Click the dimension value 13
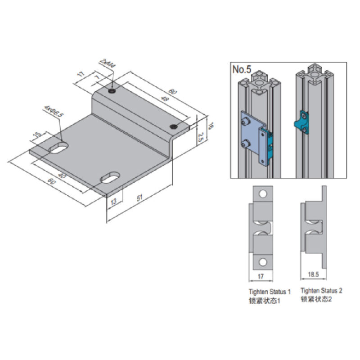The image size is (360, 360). [x=112, y=201]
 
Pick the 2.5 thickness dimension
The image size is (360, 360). [x=202, y=137]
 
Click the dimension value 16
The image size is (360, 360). [x=210, y=126]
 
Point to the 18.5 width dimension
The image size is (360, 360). [x=312, y=273]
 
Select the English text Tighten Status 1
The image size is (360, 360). [x=270, y=292]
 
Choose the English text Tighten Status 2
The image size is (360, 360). [x=321, y=291]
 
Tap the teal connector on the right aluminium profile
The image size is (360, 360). [x=301, y=123]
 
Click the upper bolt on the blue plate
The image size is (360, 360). [x=246, y=121]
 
